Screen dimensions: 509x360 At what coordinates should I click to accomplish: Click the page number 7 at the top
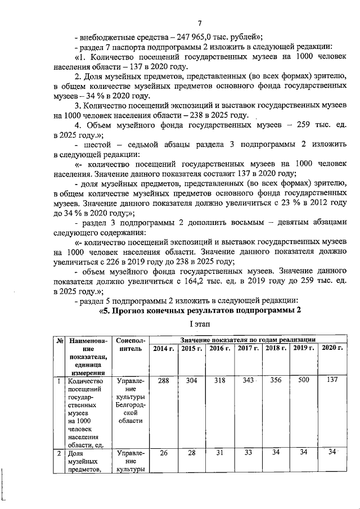[x=199, y=22]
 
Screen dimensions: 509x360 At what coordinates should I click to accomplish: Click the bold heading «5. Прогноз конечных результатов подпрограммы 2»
[x=200, y=310]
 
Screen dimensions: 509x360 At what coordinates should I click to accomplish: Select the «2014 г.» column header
[x=163, y=348]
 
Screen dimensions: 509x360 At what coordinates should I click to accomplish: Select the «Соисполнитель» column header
[x=130, y=345]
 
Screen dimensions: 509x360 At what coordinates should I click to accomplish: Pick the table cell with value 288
[x=163, y=381]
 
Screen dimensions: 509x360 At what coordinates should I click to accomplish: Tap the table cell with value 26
[x=163, y=453]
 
